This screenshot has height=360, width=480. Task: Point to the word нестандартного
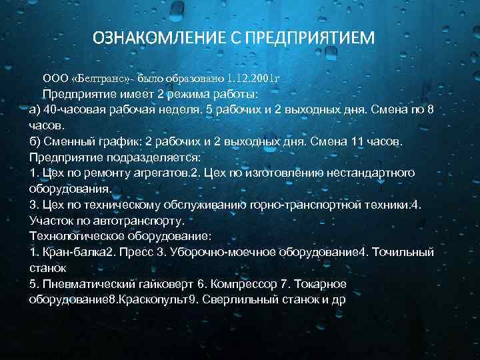tap(371, 173)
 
